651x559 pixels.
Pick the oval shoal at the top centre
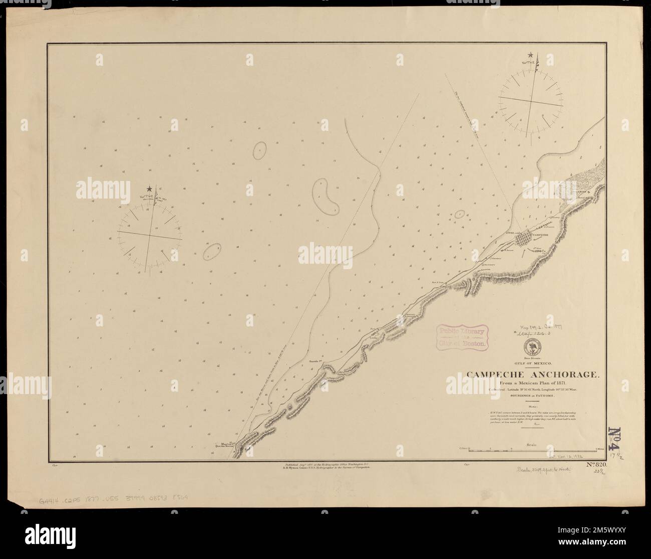click(x=259, y=150)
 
